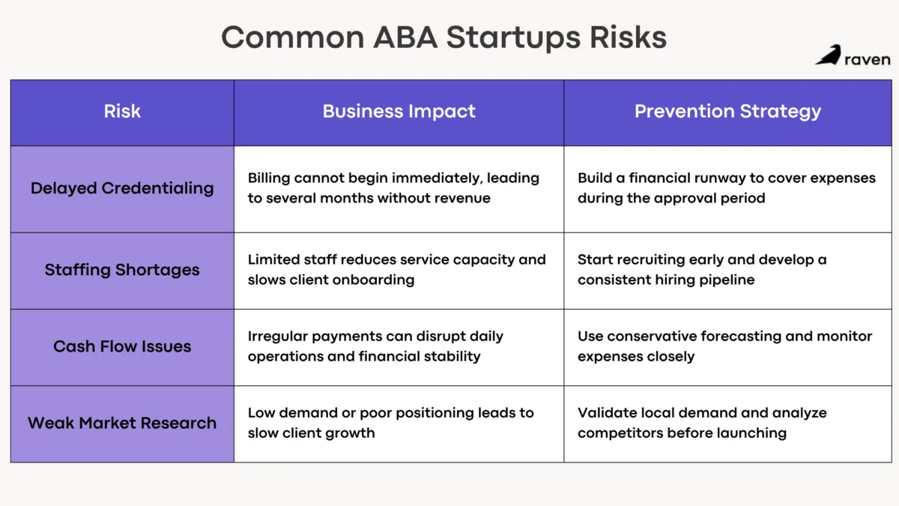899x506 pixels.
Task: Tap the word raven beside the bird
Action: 867,59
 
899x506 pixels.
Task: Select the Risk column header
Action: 122,112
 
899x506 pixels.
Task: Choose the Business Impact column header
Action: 399,112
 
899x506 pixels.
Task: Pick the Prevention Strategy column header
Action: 727,112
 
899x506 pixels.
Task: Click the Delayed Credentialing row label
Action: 122,188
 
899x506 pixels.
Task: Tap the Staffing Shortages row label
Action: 122,270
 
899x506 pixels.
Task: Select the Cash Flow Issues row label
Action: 122,346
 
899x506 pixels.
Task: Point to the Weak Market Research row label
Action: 122,423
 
